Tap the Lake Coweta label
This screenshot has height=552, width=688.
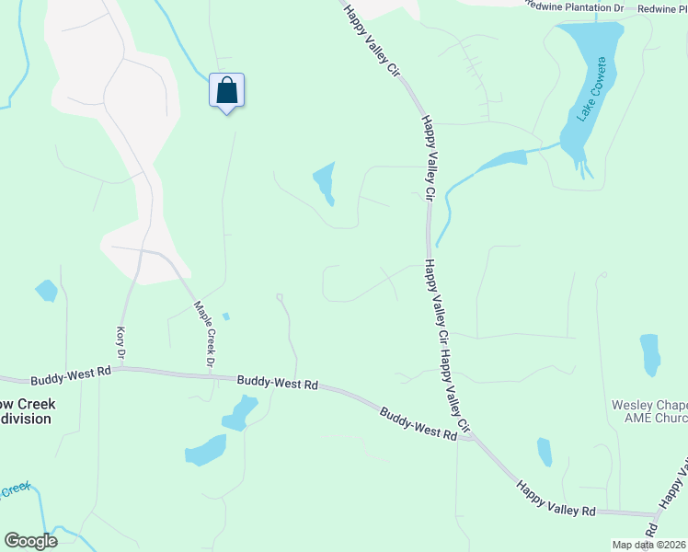pyautogui.click(x=590, y=89)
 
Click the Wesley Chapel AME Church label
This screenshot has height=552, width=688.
pyautogui.click(x=649, y=411)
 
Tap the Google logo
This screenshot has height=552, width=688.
pyautogui.click(x=30, y=541)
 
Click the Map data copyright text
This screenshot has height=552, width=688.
pyautogui.click(x=648, y=545)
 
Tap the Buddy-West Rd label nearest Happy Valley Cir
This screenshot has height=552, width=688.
pyautogui.click(x=419, y=424)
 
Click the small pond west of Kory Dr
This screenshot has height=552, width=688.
pyautogui.click(x=46, y=291)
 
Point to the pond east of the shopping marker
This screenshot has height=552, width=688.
pyautogui.click(x=324, y=183)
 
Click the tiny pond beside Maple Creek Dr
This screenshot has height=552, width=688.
pyautogui.click(x=225, y=317)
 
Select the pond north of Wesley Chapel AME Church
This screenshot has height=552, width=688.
pyautogui.click(x=649, y=354)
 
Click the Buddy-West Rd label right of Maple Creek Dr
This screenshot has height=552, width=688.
pyautogui.click(x=277, y=382)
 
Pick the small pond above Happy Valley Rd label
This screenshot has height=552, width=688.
pyautogui.click(x=545, y=451)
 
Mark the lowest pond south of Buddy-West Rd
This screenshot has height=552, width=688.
pyautogui.click(x=206, y=450)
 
